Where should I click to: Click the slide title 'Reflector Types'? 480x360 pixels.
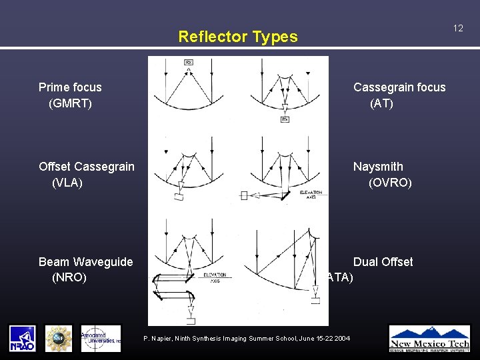coord(238,37)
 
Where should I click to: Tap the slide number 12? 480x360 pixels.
coord(458,28)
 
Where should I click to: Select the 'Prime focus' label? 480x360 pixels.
coord(70,87)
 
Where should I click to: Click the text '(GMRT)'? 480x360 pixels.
coord(70,103)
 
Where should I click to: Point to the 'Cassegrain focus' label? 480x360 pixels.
coord(399,87)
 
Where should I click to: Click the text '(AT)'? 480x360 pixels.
coord(382,103)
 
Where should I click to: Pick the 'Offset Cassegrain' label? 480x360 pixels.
coord(87,167)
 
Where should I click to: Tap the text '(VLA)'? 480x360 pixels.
coord(67,183)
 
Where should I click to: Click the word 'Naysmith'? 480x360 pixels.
coord(378,167)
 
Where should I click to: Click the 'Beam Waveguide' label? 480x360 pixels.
coord(85,262)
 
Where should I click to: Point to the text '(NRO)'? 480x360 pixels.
coord(69,277)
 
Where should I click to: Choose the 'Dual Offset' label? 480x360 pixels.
coord(383,262)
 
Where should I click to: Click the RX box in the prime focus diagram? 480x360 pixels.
coord(189,63)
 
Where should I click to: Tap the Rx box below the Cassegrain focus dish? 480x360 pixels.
coord(285,119)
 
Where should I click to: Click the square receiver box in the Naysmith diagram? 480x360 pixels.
coord(244,195)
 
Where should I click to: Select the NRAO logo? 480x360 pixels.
coord(23,338)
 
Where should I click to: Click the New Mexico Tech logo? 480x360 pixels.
coord(429,338)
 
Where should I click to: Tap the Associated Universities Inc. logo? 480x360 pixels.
coord(101,338)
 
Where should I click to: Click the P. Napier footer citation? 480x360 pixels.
coord(247,339)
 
